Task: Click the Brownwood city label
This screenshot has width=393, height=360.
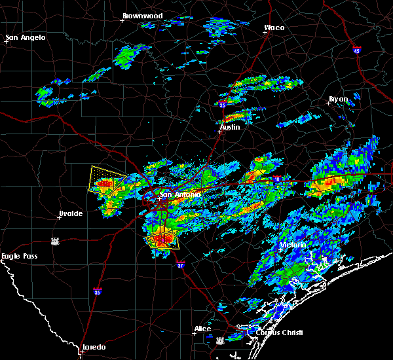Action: [142, 15]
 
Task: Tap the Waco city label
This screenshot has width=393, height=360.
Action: [274, 28]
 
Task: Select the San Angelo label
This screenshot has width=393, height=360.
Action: [26, 37]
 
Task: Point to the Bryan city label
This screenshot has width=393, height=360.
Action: [338, 99]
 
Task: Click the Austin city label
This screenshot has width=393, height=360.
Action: [229, 128]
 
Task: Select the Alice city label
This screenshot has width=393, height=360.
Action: [202, 329]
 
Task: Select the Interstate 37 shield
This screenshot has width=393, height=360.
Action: [181, 264]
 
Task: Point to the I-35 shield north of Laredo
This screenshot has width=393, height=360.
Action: [97, 292]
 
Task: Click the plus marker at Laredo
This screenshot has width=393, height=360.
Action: [81, 351]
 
